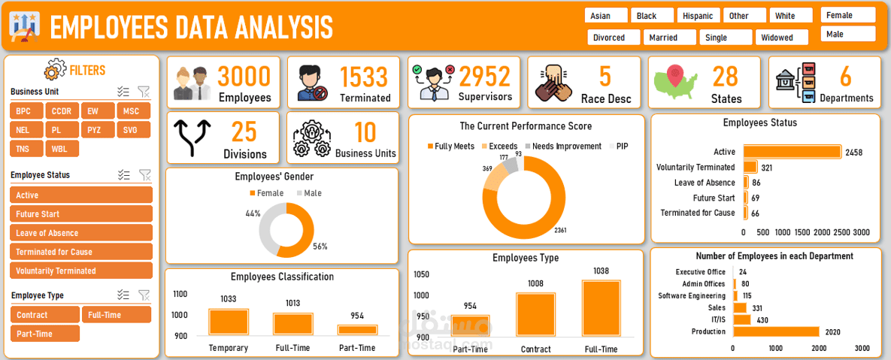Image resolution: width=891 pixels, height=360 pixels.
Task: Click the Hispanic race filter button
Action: tap(699, 16)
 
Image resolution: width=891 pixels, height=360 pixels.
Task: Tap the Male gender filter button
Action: tap(848, 34)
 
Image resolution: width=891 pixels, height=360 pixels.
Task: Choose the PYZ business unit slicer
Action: tap(94, 130)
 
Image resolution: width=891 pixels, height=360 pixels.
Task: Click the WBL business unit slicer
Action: tap(59, 149)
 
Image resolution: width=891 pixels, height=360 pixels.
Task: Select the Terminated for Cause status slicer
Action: tap(81, 252)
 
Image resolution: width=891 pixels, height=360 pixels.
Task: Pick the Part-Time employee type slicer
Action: tap(44, 334)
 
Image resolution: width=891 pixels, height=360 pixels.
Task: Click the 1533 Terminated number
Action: tap(364, 77)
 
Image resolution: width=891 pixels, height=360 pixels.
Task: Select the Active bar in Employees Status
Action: tap(792, 152)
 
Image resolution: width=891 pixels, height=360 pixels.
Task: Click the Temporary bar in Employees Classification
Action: tap(228, 322)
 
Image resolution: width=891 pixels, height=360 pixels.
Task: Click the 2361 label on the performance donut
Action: tap(561, 229)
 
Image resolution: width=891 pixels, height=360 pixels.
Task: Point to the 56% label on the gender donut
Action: tap(320, 246)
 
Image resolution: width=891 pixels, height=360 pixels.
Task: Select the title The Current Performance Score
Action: tap(526, 126)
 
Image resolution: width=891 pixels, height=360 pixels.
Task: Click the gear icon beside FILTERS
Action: tap(55, 71)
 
